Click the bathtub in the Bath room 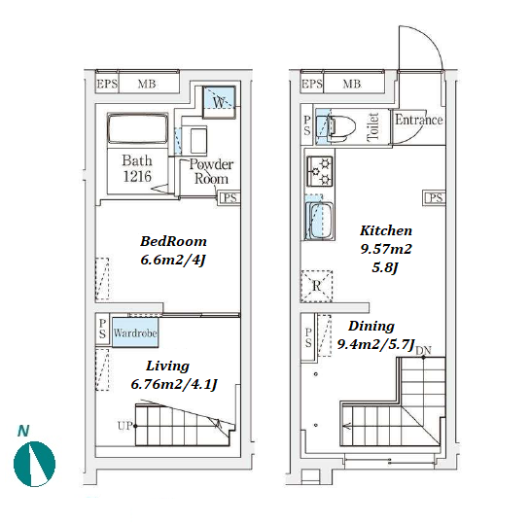137,129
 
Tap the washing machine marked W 219,102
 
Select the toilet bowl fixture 340,126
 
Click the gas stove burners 319,172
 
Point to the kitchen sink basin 319,221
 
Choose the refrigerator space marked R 316,286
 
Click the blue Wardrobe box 135,332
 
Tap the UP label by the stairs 124,426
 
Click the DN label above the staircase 423,351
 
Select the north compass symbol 34,464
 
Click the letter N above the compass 23,431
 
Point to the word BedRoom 173,241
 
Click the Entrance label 419,120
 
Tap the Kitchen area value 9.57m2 386,249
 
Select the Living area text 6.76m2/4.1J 174,384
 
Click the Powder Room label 211,171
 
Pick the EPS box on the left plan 107,84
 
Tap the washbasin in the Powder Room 198,140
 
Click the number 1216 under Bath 137,176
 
